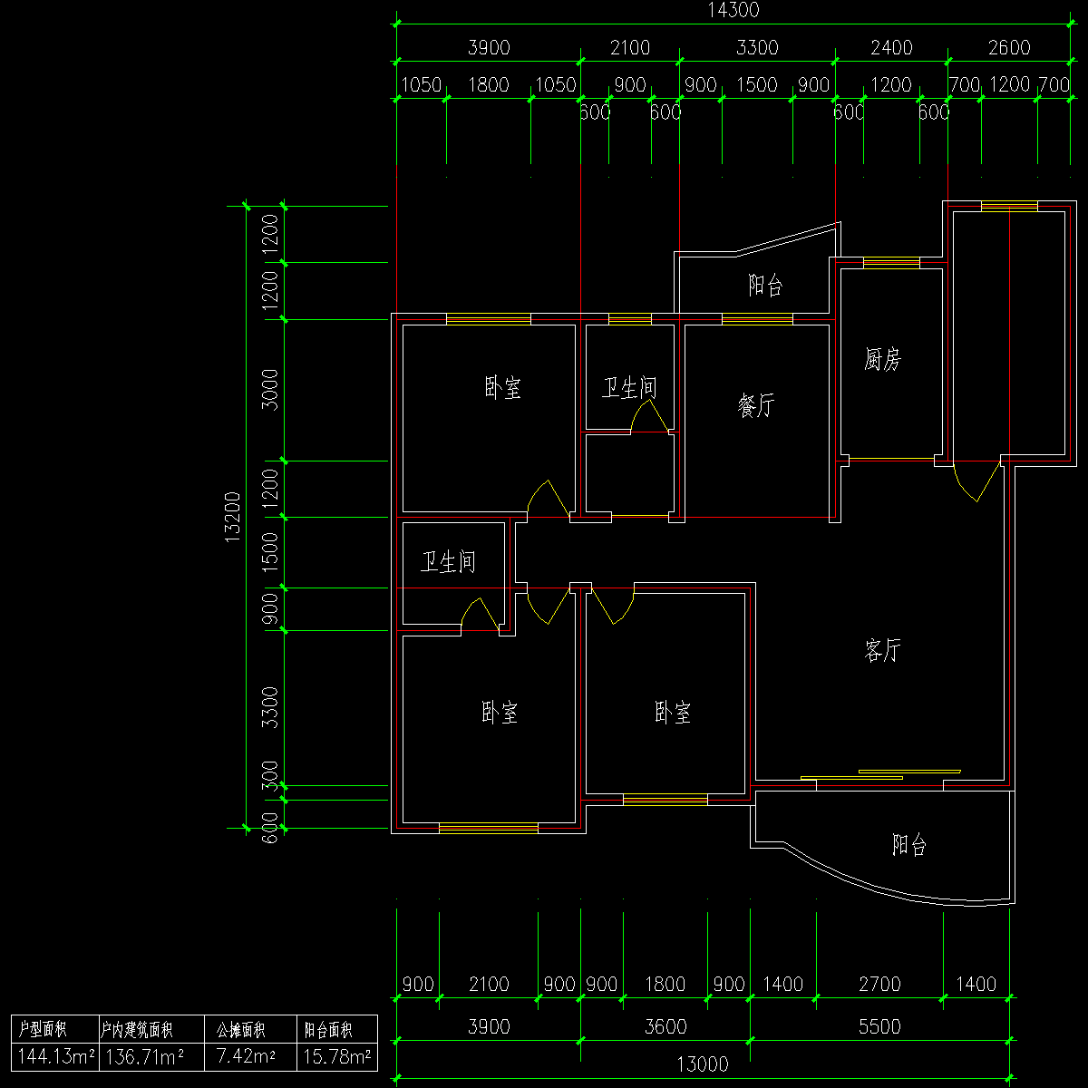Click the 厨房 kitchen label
tap(882, 360)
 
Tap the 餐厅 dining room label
tap(756, 405)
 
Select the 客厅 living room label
tap(882, 650)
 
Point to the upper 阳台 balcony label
tap(765, 287)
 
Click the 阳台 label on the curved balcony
tap(908, 846)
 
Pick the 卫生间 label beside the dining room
tap(629, 389)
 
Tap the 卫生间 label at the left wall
tap(448, 563)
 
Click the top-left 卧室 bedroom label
tap(502, 389)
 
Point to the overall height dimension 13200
tap(233, 517)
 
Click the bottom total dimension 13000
tap(704, 1064)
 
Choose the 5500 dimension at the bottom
tap(879, 1026)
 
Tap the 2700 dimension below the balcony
tap(879, 984)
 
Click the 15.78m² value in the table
tap(336, 1056)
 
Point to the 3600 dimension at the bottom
tap(665, 1026)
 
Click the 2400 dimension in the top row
tap(891, 48)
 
